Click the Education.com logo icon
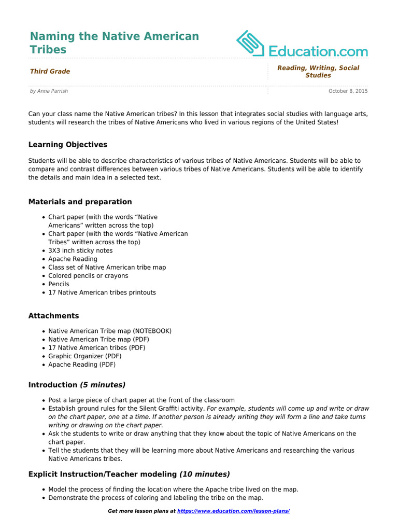tap(251, 43)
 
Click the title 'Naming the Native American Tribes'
tap(114, 43)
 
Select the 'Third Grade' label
tap(50, 72)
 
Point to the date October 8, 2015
tap(348, 91)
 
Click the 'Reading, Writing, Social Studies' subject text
tap(318, 72)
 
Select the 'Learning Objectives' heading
tap(68, 145)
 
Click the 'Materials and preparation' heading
tap(80, 202)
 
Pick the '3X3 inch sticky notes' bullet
tap(80, 250)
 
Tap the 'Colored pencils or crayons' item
tap(88, 276)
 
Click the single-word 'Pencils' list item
tap(59, 284)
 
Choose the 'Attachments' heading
tap(54, 316)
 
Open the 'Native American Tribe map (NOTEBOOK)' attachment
tap(110, 331)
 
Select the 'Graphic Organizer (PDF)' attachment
tap(85, 356)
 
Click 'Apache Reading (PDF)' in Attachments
tap(82, 365)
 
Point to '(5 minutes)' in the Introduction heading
tap(103, 385)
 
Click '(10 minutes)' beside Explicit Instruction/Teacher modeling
tap(205, 474)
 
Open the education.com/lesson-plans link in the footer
tap(233, 511)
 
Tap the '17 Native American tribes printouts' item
tap(102, 292)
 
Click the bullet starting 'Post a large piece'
tap(141, 400)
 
